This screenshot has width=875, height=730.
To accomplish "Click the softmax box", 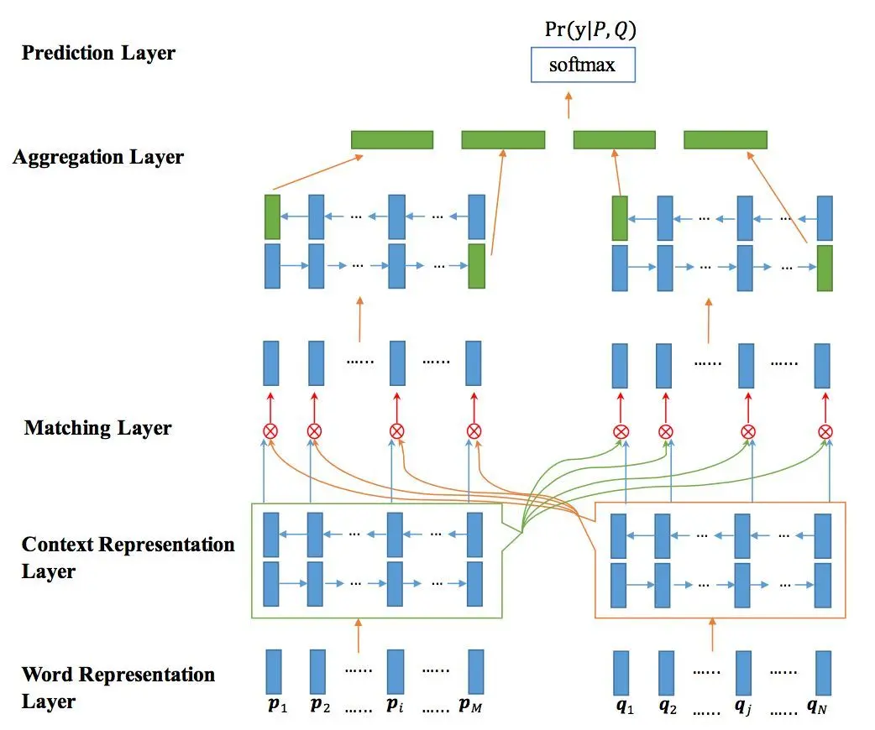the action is tap(583, 65).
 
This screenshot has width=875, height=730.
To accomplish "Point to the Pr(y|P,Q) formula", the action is tap(590, 29).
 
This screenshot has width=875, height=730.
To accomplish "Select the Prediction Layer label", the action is tap(98, 53).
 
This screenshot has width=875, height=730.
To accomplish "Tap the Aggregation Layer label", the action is tap(98, 157).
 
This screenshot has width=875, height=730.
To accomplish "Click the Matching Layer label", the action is tap(97, 428).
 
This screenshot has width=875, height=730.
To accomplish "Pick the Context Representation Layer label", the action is tap(128, 558).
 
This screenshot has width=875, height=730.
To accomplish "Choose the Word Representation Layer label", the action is tap(118, 687).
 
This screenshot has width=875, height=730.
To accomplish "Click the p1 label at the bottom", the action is tap(277, 705).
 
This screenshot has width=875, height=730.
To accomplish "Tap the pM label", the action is tap(470, 705).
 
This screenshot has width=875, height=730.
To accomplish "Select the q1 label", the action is tap(625, 707).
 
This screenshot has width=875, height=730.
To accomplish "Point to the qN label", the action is tap(817, 707).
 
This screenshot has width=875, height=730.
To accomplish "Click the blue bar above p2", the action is tap(317, 671).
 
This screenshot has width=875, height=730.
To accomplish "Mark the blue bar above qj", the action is tap(743, 673).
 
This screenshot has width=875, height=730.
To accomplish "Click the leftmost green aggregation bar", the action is tap(392, 140).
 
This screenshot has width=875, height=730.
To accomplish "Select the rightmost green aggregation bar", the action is tap(726, 140).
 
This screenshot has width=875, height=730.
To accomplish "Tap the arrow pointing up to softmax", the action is tap(568, 106).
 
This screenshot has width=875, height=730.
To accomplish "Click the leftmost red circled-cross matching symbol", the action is tap(270, 431).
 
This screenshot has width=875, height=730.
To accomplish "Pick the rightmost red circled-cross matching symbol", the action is tap(825, 431).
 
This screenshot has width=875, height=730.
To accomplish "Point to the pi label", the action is tap(395, 705).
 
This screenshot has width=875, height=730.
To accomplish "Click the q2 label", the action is tap(668, 707).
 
